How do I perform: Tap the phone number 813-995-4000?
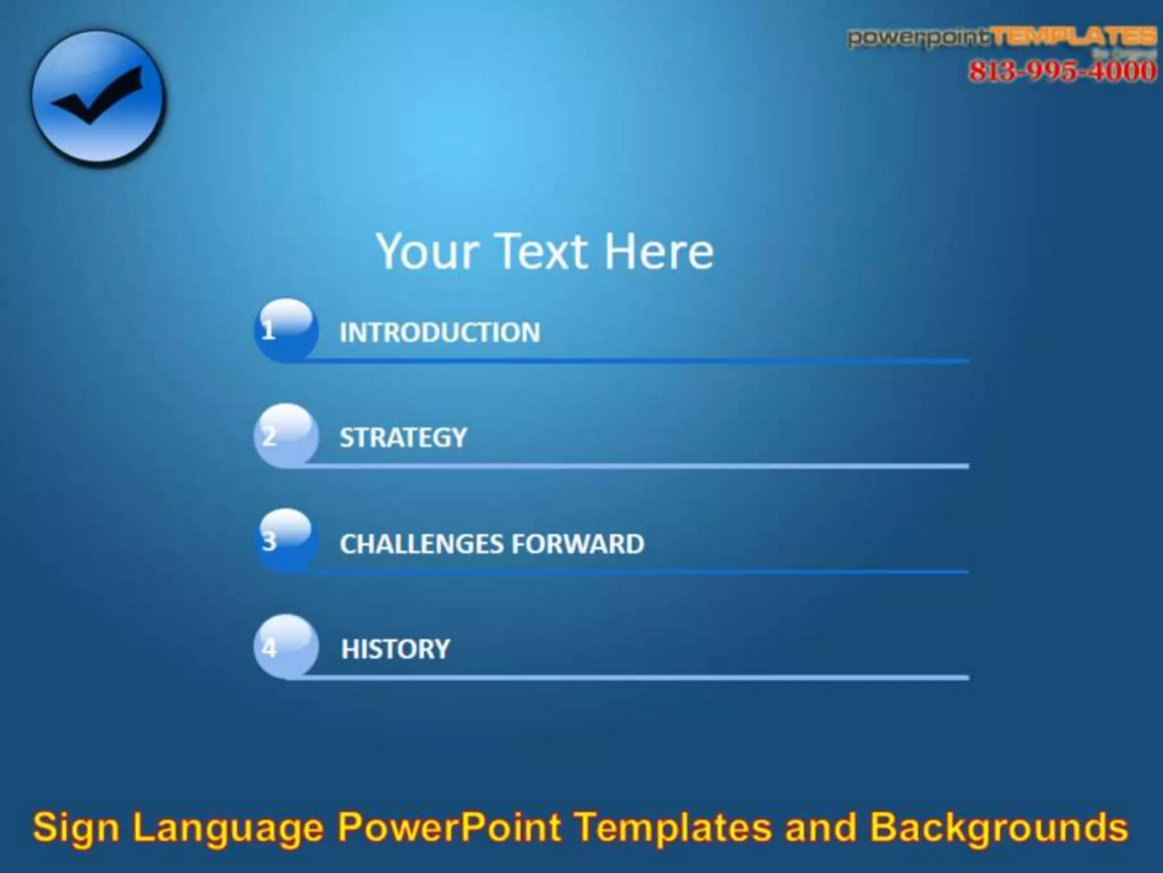pyautogui.click(x=1062, y=72)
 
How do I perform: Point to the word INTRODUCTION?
pyautogui.click(x=440, y=333)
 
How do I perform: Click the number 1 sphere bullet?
pyautogui.click(x=286, y=330)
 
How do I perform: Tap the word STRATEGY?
pyautogui.click(x=403, y=438)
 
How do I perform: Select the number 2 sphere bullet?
pyautogui.click(x=286, y=436)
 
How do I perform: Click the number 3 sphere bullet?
pyautogui.click(x=286, y=541)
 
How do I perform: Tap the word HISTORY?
pyautogui.click(x=395, y=649)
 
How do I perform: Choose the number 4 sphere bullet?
pyautogui.click(x=286, y=647)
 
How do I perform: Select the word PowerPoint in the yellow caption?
pyautogui.click(x=449, y=827)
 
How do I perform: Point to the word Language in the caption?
pyautogui.click(x=228, y=828)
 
